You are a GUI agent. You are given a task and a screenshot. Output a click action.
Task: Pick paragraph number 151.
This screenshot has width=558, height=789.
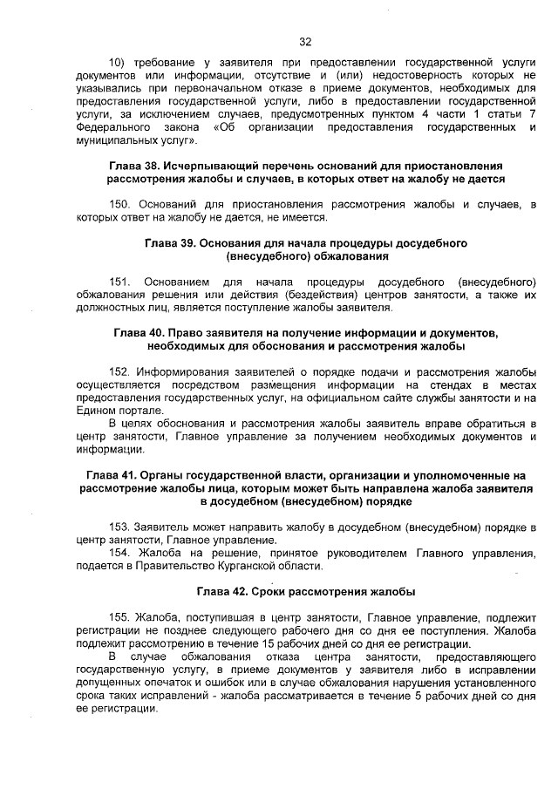point(119,282)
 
